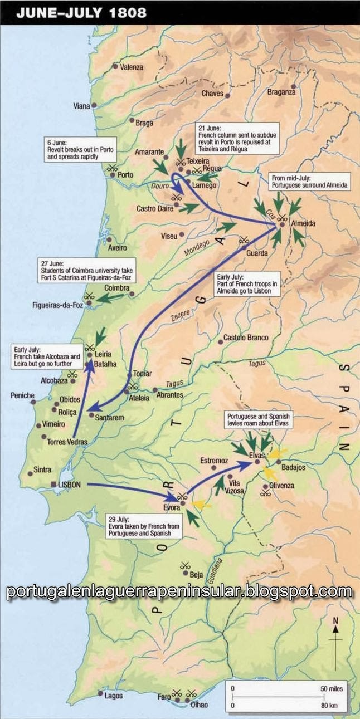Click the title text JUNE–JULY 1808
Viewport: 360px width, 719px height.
pos(81,13)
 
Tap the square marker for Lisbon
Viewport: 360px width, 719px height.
pos(53,485)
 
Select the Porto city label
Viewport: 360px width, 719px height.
pos(125,174)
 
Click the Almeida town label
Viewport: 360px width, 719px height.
pos(303,224)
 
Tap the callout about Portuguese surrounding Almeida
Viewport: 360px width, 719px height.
pos(310,181)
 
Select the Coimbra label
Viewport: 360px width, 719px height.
pos(116,288)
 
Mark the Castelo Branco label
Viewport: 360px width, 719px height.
pos(246,338)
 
